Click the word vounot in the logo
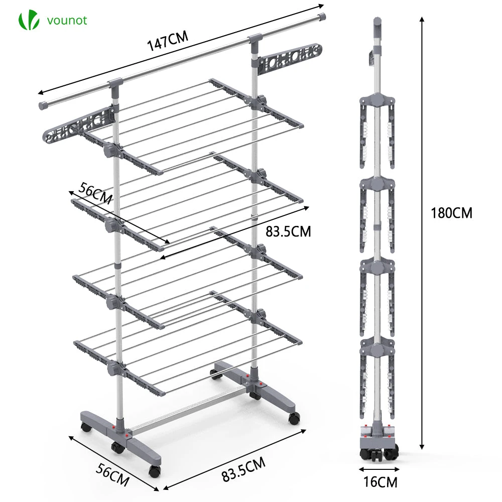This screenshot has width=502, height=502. [67, 21]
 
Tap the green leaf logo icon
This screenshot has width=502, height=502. [29, 21]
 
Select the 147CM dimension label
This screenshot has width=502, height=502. [168, 42]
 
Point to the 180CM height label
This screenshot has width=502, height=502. [451, 212]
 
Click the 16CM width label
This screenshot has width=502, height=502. [381, 482]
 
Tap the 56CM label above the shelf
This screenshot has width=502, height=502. [95, 193]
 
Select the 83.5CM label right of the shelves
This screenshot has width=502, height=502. [289, 231]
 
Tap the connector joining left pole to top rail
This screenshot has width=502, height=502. [114, 86]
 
